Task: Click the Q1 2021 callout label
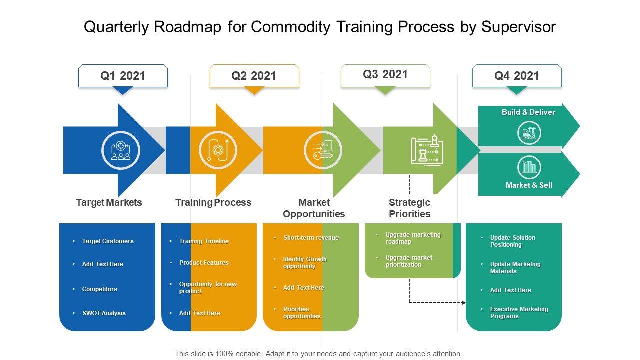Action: pyautogui.click(x=123, y=76)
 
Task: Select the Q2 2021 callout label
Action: pyautogui.click(x=254, y=76)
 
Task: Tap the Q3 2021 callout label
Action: pyautogui.click(x=385, y=75)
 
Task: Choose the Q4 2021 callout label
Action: pyautogui.click(x=517, y=76)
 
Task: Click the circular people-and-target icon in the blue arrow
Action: pyautogui.click(x=120, y=150)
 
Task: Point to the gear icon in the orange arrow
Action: pyautogui.click(x=218, y=150)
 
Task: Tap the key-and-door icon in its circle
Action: pyautogui.click(x=323, y=149)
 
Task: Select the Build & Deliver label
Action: pyautogui.click(x=528, y=112)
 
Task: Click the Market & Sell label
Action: pyautogui.click(x=529, y=185)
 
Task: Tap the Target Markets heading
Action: pyautogui.click(x=109, y=202)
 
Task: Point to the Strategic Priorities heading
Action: pyautogui.click(x=409, y=208)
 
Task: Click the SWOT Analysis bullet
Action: pyautogui.click(x=104, y=313)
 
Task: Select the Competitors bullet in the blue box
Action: pyautogui.click(x=100, y=289)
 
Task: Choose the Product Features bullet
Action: pyautogui.click(x=204, y=263)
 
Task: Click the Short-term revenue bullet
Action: pyautogui.click(x=311, y=238)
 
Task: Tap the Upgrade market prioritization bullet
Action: pyautogui.click(x=409, y=261)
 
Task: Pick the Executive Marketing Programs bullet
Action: pyautogui.click(x=519, y=313)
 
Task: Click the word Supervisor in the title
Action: pyautogui.click(x=518, y=27)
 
